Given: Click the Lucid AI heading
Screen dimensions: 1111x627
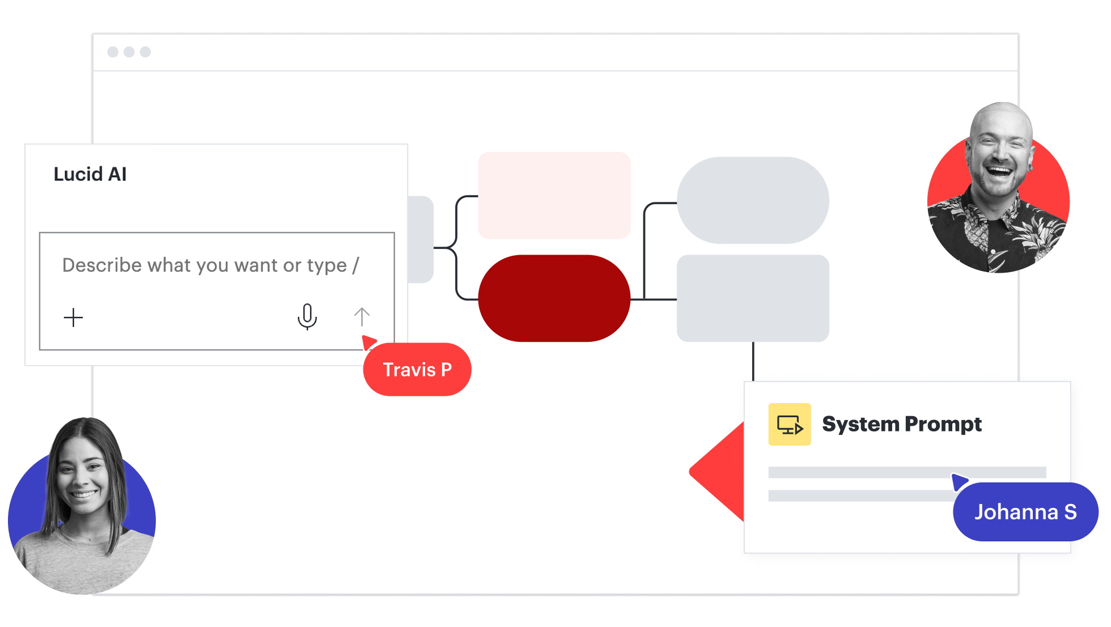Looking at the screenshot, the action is coord(90,174).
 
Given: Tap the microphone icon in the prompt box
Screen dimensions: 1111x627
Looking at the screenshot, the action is coord(307,317).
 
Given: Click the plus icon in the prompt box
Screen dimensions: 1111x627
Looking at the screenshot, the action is coord(73,317).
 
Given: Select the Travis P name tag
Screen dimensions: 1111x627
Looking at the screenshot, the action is coord(417,370).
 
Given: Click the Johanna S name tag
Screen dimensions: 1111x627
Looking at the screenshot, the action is coord(1026,512).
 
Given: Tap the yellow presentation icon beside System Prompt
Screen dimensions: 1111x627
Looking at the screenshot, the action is coord(790,424).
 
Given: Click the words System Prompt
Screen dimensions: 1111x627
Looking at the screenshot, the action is coord(902,424).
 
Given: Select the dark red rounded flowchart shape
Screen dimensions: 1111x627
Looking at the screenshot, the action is coord(554,298).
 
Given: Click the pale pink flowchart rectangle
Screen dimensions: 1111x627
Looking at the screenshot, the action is coord(554,196).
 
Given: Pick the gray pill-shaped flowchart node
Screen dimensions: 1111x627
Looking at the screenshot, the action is coord(753,200).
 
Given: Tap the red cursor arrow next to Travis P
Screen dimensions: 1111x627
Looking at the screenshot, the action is coord(369,342).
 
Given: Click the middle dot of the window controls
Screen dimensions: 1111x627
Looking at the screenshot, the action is coord(129,52).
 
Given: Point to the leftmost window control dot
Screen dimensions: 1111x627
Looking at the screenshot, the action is coord(113,52).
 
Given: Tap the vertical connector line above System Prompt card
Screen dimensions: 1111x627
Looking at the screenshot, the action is coord(753,362).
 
